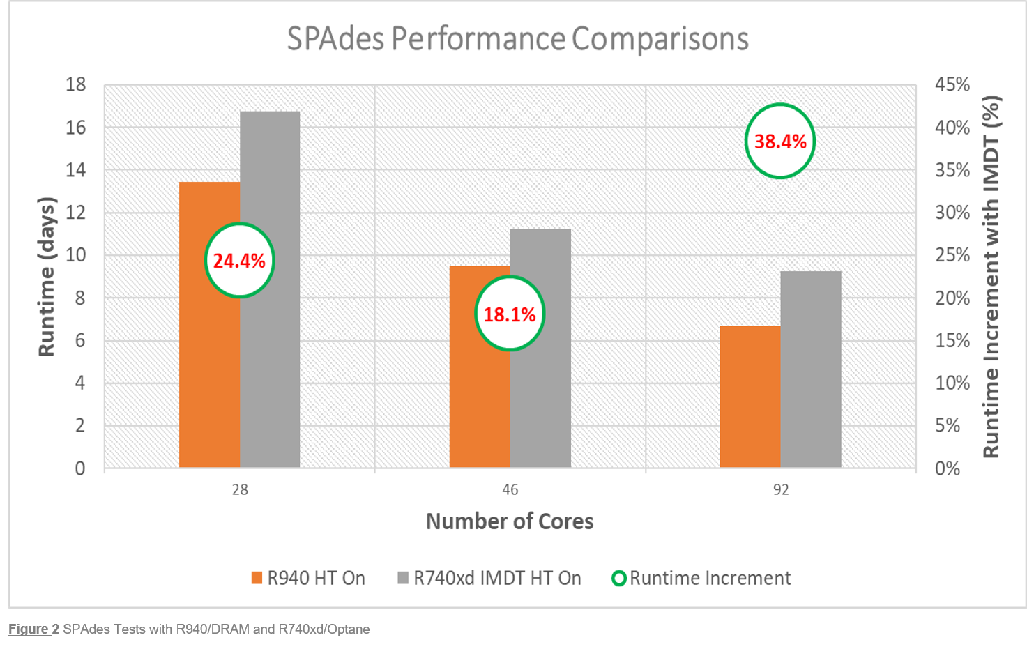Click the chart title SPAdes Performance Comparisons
pos(517,39)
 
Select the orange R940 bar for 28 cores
pos(209,362)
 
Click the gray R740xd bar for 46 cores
pos(541,390)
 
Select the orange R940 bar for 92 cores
pos(750,397)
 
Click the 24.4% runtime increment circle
pos(239,261)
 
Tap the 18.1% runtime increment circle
pos(510,314)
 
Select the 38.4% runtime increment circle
pos(780,142)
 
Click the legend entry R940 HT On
pos(308,579)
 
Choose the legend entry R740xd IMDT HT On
pos(489,579)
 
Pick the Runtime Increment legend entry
pos(701,579)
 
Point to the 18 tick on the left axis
pos(76,85)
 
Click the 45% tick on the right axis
pos(952,85)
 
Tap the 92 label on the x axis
pos(780,489)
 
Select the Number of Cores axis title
pos(510,521)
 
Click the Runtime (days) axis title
pos(46,277)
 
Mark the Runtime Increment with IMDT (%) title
pos(991,277)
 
